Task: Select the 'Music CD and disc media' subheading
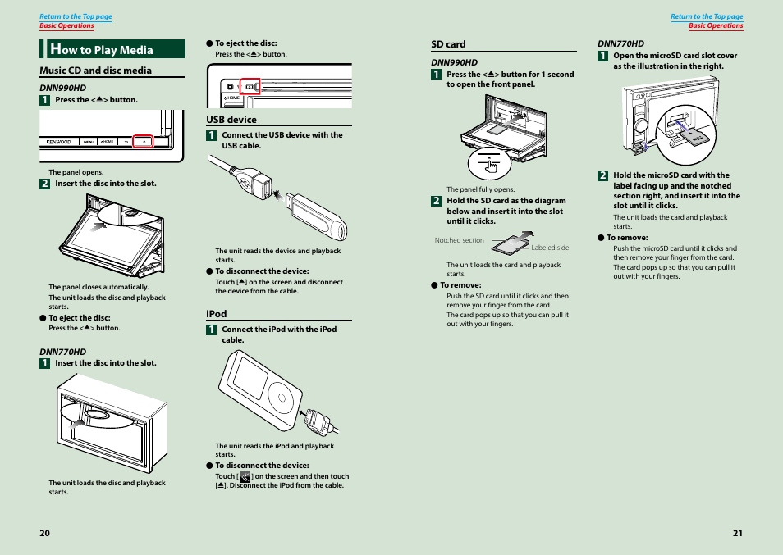95,71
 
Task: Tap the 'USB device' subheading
231,120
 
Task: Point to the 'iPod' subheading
216,314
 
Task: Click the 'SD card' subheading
448,44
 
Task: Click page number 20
44,533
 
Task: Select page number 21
737,533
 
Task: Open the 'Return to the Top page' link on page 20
76,16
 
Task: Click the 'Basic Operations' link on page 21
715,25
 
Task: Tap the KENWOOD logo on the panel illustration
57,141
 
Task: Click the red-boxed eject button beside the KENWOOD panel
144,141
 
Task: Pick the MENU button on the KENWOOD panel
88,141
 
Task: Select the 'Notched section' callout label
459,240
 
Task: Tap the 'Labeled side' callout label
549,248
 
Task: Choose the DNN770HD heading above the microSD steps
620,43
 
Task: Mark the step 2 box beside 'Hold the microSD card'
602,175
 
